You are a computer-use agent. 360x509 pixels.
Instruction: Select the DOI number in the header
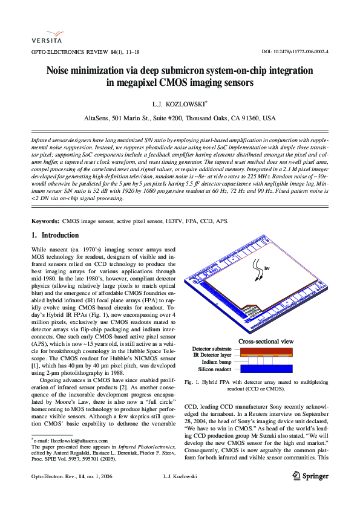[295, 53]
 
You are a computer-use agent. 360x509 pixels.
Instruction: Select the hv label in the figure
[266, 267]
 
